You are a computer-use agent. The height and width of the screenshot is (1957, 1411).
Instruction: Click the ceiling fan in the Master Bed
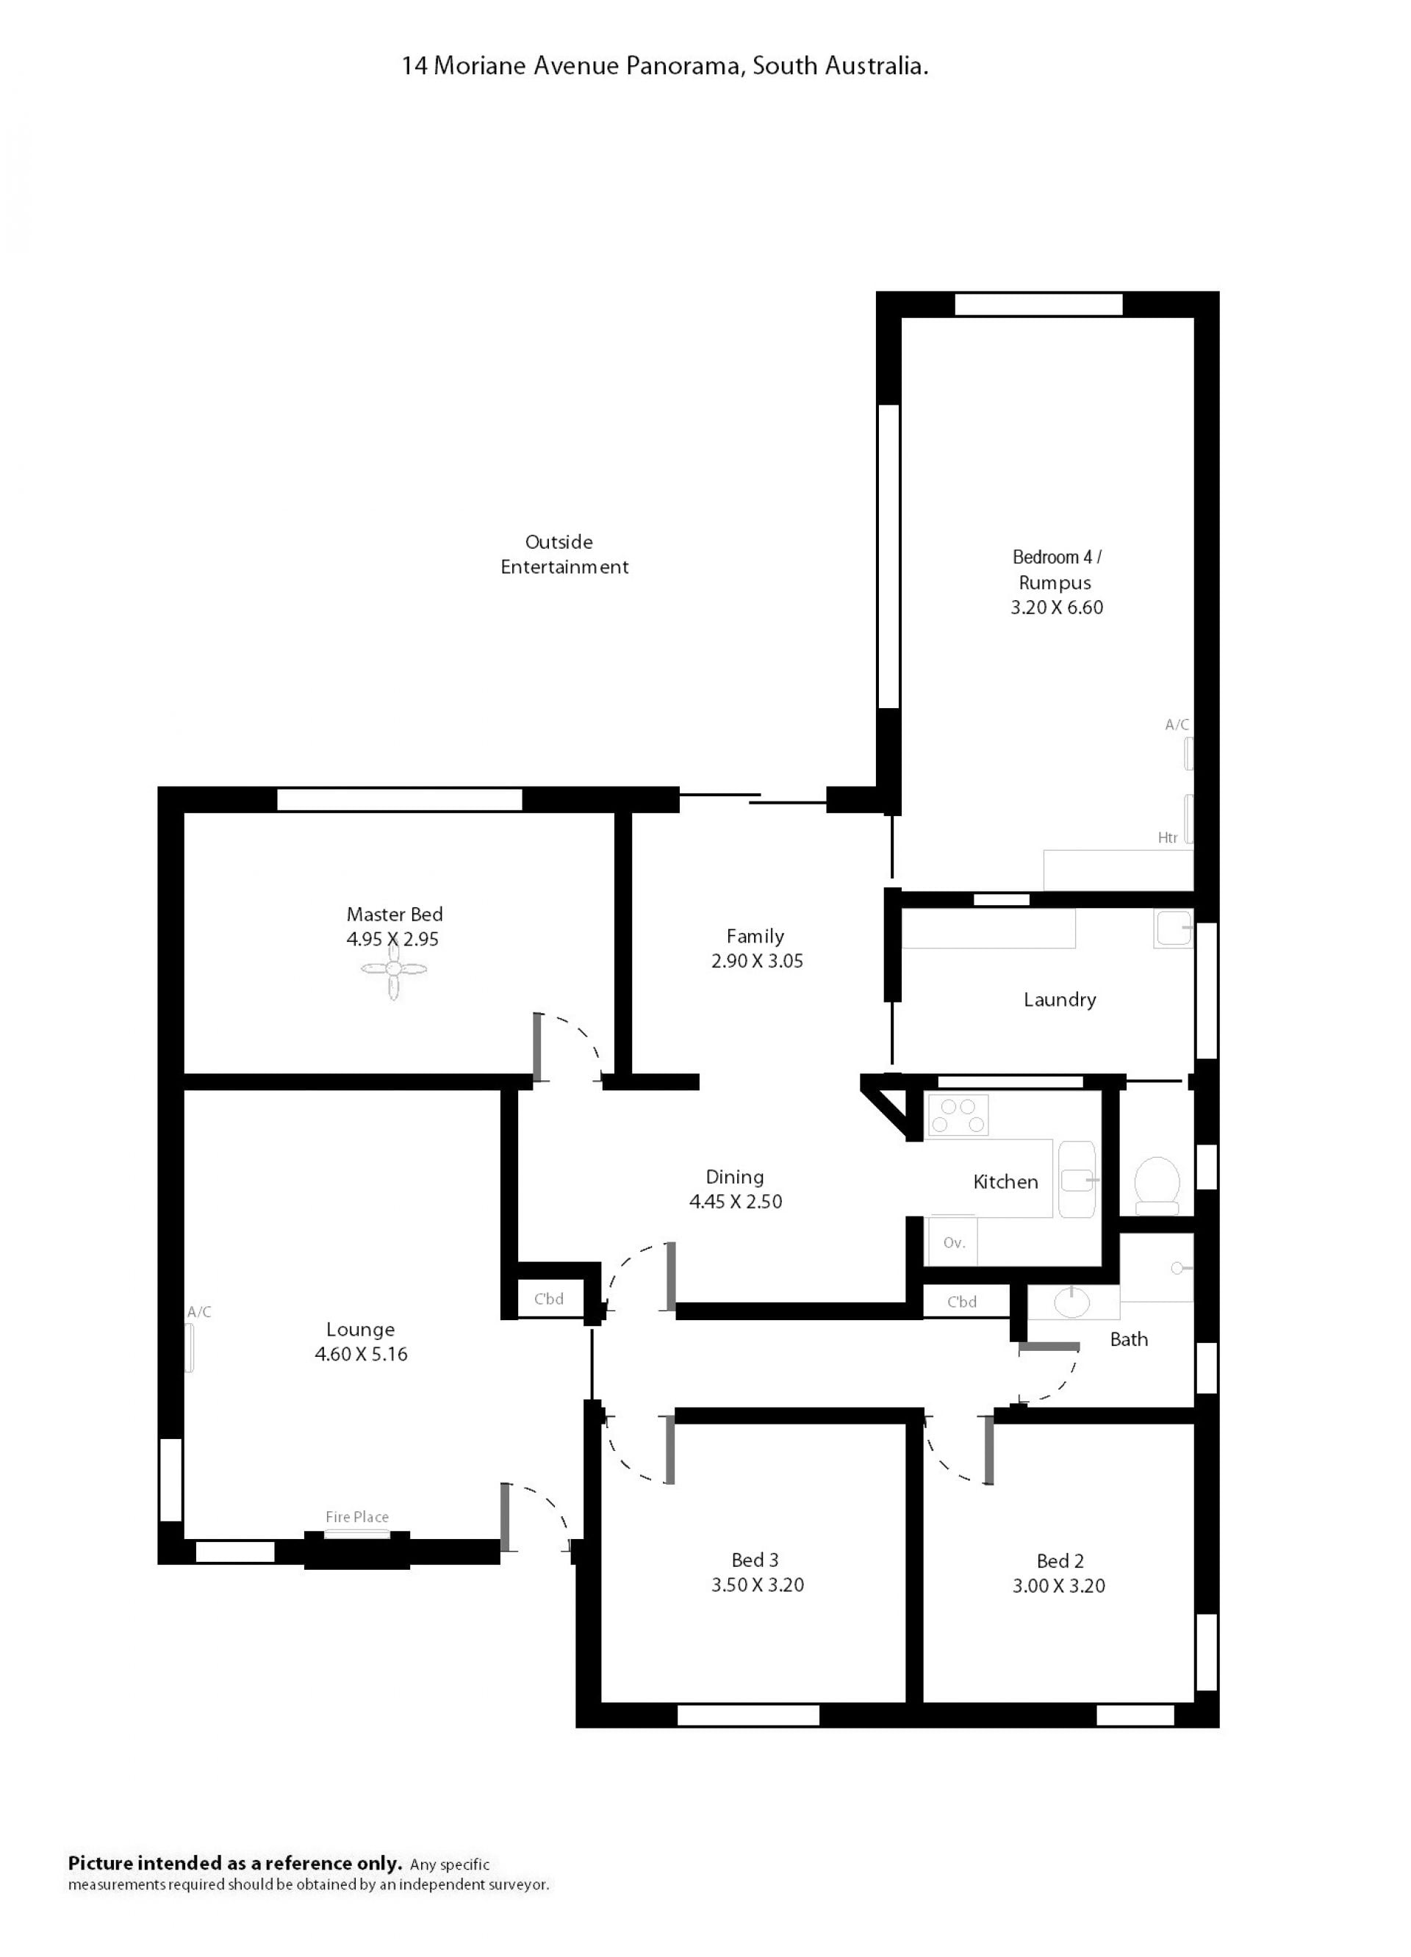point(393,970)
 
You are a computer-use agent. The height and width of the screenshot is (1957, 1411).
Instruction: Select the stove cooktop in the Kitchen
point(957,1115)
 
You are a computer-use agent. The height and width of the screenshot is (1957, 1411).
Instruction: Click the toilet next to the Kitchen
point(1157,1185)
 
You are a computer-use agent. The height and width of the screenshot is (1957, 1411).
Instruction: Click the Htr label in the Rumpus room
point(1168,838)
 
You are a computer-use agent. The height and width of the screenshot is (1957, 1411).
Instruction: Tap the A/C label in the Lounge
point(199,1313)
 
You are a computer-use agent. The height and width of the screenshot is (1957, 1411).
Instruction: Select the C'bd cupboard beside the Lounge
point(549,1299)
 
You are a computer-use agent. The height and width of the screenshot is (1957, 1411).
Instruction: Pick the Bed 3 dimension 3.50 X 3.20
point(757,1585)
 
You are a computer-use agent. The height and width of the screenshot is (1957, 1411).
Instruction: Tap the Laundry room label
point(1060,1000)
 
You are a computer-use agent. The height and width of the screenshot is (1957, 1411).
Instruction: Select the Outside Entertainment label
point(564,555)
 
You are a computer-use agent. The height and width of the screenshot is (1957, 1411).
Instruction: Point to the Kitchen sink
point(1077,1180)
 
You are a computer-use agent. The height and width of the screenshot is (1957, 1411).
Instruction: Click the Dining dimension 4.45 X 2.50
point(736,1202)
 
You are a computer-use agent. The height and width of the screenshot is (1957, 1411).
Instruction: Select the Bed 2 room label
point(1060,1561)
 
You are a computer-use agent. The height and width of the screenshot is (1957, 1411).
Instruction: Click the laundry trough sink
point(1173,929)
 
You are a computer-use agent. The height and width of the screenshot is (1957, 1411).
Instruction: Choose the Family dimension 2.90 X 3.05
point(757,962)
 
